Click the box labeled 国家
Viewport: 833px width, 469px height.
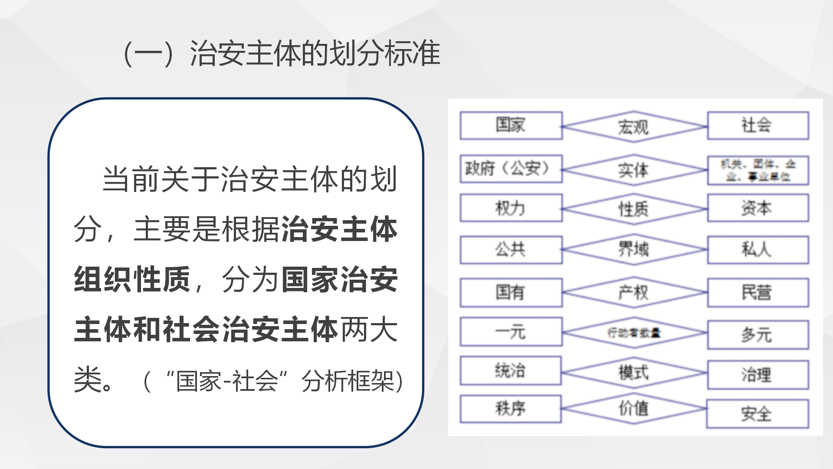(511, 126)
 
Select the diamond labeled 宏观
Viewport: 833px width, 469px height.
(633, 127)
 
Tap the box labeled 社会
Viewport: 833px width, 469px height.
(758, 126)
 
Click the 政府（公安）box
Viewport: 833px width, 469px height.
(511, 168)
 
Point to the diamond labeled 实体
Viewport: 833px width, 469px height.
(633, 170)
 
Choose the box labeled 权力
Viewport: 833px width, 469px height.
(511, 208)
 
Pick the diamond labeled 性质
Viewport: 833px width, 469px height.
(633, 209)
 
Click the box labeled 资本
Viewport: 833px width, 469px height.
(758, 208)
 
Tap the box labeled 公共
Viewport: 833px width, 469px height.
(511, 250)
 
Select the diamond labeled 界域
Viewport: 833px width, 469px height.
(633, 249)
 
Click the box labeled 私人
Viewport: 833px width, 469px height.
(758, 250)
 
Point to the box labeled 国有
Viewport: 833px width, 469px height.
(511, 292)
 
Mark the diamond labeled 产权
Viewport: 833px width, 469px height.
(633, 292)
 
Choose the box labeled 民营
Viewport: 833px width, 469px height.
(758, 293)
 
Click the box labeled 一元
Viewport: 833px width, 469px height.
(511, 332)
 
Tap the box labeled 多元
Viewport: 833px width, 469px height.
(758, 335)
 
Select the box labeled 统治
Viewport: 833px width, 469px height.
(510, 370)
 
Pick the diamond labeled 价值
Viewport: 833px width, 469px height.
(633, 408)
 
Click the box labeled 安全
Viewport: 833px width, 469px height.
(757, 413)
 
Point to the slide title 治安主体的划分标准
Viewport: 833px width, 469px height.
(282, 53)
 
